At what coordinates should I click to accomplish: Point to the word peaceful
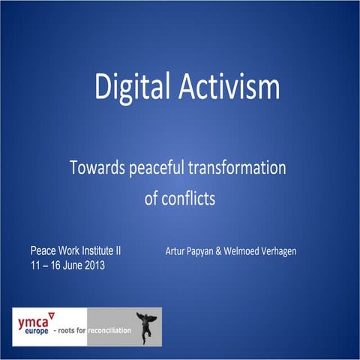tap(160, 169)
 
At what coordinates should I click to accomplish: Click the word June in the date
tap(67, 265)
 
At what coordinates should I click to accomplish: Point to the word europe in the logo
tap(31, 331)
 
